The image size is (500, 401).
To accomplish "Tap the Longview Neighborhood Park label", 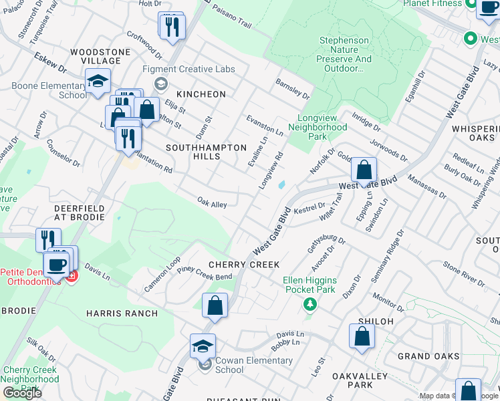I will (x=322, y=127).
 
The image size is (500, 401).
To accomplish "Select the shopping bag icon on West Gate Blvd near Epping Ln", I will (x=363, y=170).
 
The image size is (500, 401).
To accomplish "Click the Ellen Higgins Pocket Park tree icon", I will (x=309, y=305).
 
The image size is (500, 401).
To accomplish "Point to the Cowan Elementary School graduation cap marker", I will (x=203, y=346).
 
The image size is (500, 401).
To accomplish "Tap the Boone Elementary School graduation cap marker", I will (x=98, y=82).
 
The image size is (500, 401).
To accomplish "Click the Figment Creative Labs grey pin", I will (x=160, y=84).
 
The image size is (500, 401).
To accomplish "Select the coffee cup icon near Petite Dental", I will (x=56, y=264).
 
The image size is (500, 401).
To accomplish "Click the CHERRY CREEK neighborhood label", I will (x=244, y=265).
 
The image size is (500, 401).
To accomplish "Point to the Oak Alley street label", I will (x=213, y=202).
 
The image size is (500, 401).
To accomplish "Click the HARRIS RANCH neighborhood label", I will (x=122, y=313).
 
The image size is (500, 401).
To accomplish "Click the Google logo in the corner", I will (x=22, y=393).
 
